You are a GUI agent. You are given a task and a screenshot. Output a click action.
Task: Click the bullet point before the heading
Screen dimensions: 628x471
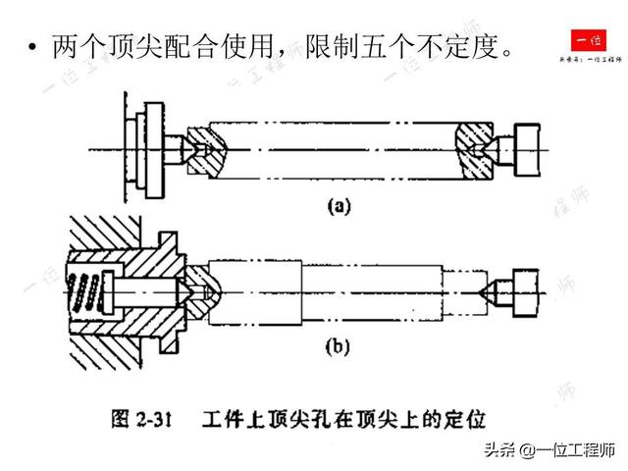click(33, 46)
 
